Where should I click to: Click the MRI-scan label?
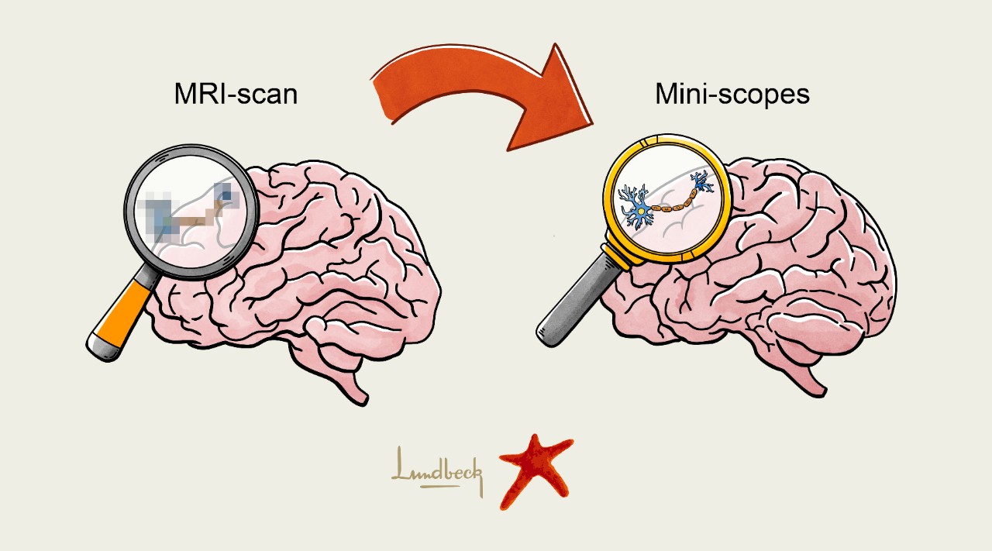point(236,95)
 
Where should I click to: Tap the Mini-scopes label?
point(732,95)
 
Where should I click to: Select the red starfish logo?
point(534,470)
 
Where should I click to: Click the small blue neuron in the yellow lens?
point(704,184)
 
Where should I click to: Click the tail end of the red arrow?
point(384,97)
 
